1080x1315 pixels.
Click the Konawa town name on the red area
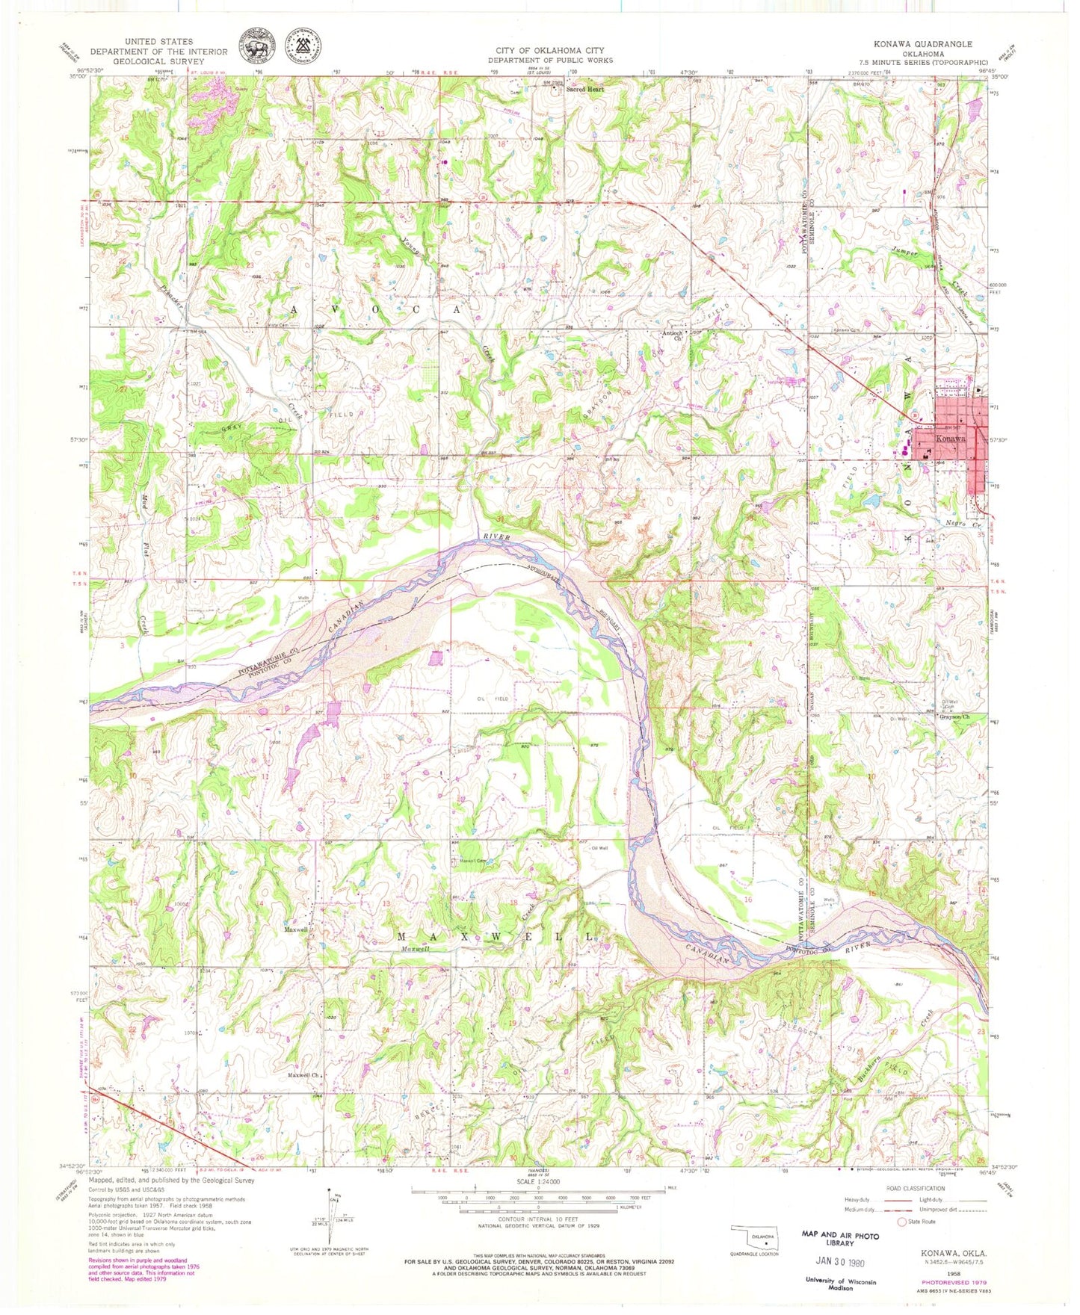(950, 439)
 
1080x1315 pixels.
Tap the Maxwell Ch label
(304, 1075)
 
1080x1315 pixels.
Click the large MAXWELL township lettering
(497, 937)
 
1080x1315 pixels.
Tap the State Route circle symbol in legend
(902, 1222)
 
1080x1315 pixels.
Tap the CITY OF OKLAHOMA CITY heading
(550, 51)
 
